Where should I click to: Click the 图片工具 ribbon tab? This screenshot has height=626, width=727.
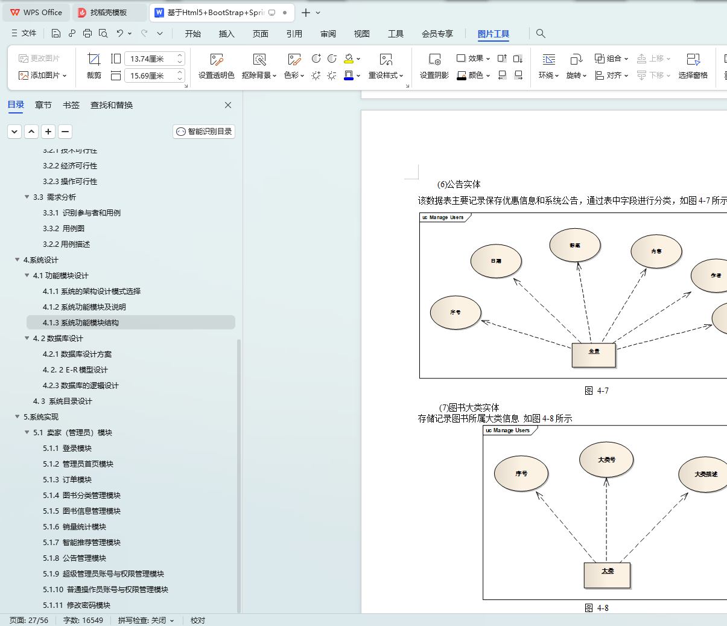click(x=493, y=34)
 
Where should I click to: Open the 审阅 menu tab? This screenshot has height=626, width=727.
click(x=328, y=34)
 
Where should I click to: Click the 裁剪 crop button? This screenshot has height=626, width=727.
click(x=94, y=66)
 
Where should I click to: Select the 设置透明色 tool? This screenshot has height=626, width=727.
click(x=216, y=66)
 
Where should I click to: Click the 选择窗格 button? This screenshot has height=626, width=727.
click(x=693, y=66)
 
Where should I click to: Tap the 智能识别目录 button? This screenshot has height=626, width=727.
click(x=204, y=132)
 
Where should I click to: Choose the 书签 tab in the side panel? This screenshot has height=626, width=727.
click(x=71, y=105)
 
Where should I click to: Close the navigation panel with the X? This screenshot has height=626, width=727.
click(x=228, y=105)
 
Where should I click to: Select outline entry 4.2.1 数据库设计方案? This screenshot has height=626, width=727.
click(x=77, y=354)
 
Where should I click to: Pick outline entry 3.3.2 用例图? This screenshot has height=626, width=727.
click(x=63, y=229)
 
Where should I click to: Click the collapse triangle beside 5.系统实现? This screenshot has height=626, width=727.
click(x=17, y=417)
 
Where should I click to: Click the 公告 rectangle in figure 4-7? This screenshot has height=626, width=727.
click(x=594, y=355)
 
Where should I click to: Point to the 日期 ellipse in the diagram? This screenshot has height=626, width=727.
click(x=496, y=261)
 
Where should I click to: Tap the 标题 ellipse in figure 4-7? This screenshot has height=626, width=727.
click(x=575, y=245)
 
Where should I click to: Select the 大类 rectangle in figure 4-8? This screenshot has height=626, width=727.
click(x=607, y=575)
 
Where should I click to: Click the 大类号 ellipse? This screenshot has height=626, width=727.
click(x=606, y=459)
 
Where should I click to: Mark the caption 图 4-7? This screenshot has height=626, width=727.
click(x=597, y=391)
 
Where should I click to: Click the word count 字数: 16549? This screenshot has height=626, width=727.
click(x=83, y=621)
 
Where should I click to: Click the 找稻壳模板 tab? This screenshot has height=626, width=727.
click(x=108, y=12)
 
